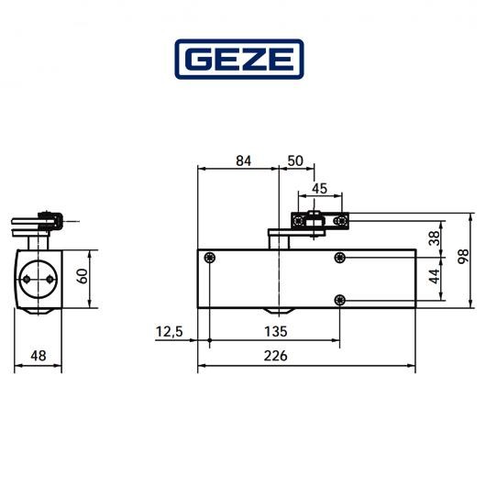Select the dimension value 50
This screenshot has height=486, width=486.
[x=294, y=160]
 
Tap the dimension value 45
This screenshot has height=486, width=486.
[x=319, y=189]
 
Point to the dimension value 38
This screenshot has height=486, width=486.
[x=433, y=239]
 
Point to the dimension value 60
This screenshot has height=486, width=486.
[x=83, y=276]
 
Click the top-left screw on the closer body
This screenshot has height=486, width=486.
[x=212, y=259]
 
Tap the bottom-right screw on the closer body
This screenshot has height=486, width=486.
[x=341, y=300]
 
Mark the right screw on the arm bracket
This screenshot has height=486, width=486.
[x=340, y=221]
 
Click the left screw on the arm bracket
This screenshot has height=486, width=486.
[x=299, y=221]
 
